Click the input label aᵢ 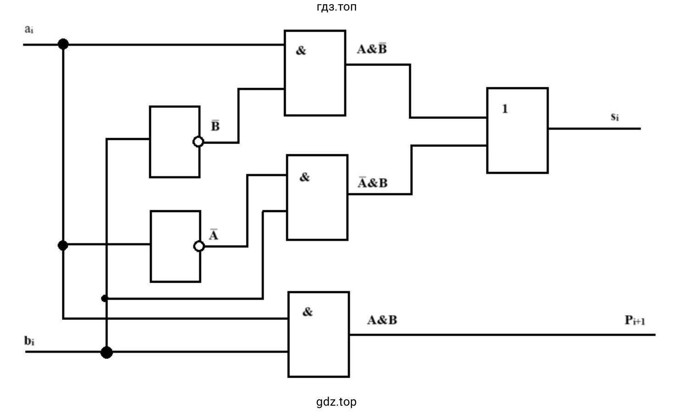(29, 30)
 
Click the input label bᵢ (29, 341)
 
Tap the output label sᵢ (615, 117)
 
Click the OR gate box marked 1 (517, 130)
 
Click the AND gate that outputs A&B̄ (315, 73)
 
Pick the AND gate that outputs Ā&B (317, 197)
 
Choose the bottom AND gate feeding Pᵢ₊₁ (318, 334)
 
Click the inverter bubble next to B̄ (198, 142)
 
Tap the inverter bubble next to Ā (199, 246)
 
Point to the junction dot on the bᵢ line (106, 352)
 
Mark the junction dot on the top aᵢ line (63, 44)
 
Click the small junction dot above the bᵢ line (105, 298)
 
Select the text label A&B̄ (372, 49)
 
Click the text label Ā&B (373, 183)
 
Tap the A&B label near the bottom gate (382, 320)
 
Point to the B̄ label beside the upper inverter (215, 126)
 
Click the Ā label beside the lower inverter (213, 235)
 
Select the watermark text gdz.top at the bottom (336, 402)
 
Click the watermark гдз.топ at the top (336, 7)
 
